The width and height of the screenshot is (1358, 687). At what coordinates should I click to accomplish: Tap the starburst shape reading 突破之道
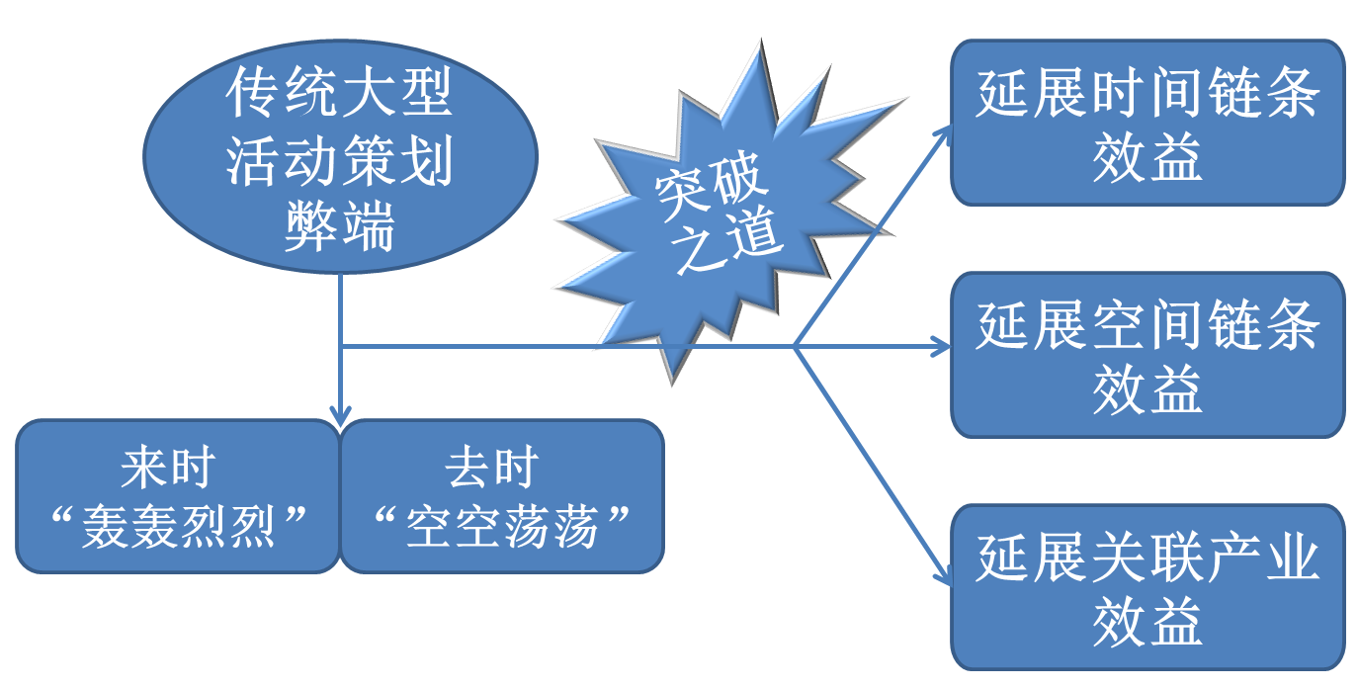coord(717,213)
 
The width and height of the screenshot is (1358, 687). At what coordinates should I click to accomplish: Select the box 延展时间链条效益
coord(1147,124)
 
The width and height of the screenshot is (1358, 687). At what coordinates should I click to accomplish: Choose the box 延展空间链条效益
coord(1147,356)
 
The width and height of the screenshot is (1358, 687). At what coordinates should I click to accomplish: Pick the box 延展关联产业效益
coord(1147,588)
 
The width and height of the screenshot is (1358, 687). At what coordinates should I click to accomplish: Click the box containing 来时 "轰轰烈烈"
coord(178,496)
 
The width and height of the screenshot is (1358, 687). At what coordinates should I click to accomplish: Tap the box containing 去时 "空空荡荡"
coord(502,496)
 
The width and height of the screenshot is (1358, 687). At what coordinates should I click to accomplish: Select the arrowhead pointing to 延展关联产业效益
coord(944,576)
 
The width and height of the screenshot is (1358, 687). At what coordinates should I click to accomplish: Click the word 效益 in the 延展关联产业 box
coord(1147,621)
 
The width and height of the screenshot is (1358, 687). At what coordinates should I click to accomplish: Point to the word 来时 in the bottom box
coord(168,467)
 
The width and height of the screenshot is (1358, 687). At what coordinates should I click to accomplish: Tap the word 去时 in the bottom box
coord(491,467)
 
